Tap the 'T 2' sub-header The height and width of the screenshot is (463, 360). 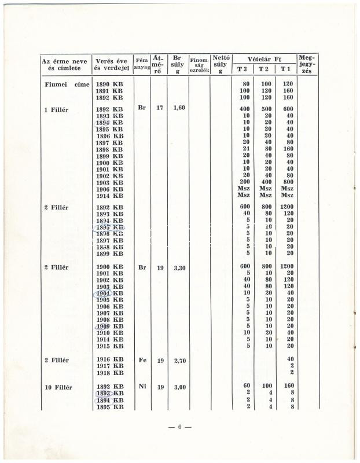click(x=264, y=69)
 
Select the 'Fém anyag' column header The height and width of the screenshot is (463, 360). click(x=141, y=64)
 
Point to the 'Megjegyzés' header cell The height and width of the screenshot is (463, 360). click(x=307, y=64)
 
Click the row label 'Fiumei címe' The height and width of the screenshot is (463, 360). click(x=67, y=84)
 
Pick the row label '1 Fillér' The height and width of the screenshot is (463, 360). click(x=56, y=109)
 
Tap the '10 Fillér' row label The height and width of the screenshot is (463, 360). click(x=58, y=387)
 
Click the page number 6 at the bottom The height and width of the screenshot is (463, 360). click(x=180, y=427)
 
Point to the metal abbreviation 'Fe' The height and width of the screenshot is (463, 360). click(x=142, y=360)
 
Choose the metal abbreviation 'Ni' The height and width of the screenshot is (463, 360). click(x=142, y=386)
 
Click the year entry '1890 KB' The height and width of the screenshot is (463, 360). click(x=109, y=84)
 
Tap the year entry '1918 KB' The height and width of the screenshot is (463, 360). click(x=110, y=373)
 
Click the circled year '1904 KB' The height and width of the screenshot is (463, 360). click(x=110, y=293)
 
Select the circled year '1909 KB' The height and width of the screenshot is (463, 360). click(x=110, y=326)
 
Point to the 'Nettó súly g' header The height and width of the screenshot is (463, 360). click(x=221, y=64)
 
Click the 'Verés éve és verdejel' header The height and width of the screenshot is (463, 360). click(x=111, y=64)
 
